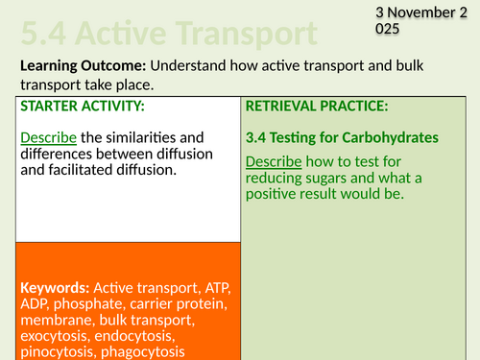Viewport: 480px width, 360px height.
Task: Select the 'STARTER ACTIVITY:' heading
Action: coord(83,106)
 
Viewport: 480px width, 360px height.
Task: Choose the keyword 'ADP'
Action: coord(37,305)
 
